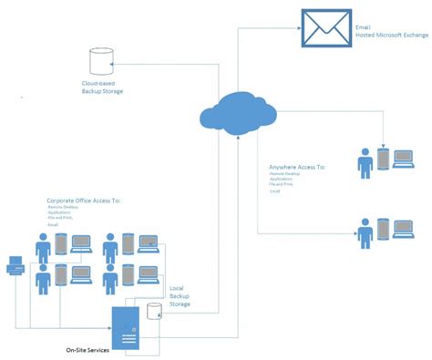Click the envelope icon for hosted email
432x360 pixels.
[325, 26]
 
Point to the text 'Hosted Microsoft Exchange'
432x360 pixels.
[389, 36]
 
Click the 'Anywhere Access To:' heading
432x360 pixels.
[297, 168]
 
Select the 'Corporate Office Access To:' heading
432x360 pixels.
[84, 200]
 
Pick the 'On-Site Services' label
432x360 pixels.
[88, 349]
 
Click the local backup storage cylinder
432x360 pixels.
[153, 313]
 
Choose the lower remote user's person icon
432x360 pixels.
[366, 232]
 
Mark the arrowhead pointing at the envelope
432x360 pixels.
[299, 28]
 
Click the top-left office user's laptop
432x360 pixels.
[80, 244]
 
